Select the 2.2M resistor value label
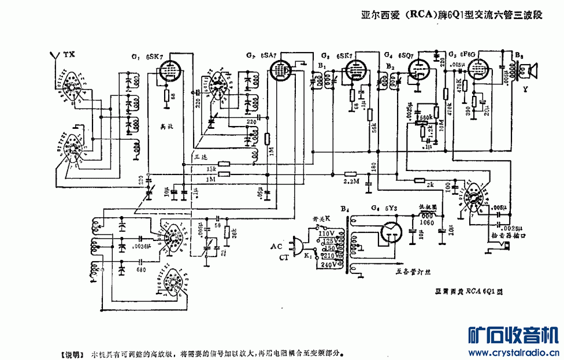(351, 181)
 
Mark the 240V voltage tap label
(328, 265)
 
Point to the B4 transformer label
(345, 208)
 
